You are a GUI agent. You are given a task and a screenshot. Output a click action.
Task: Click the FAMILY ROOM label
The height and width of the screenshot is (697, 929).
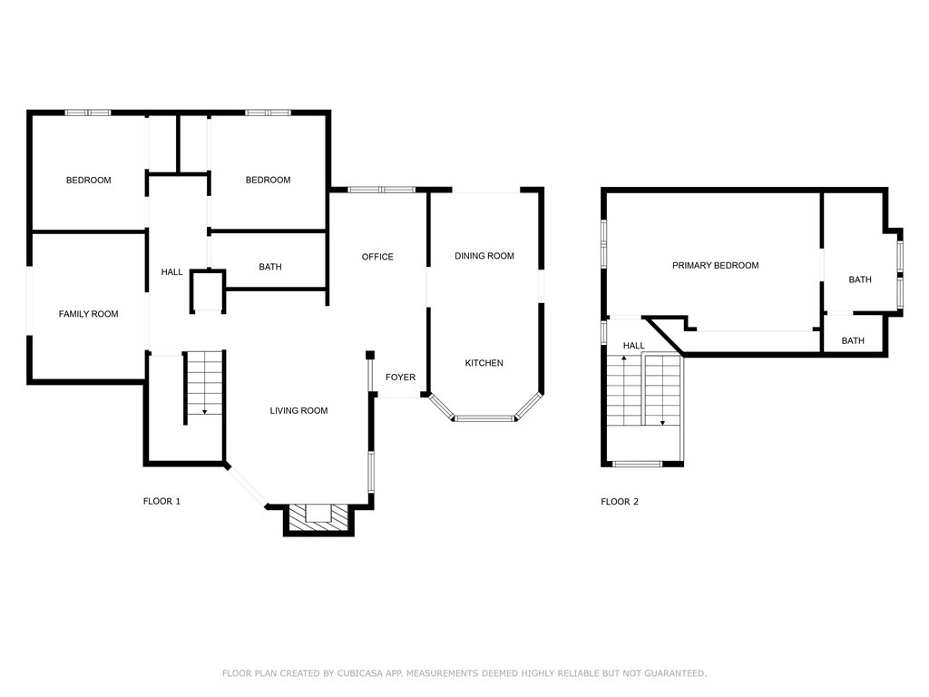point(88,314)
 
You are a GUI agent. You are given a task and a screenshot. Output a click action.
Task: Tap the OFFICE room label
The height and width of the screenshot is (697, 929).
point(377,257)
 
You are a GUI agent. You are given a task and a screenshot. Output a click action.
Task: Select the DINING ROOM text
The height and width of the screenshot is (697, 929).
point(484,256)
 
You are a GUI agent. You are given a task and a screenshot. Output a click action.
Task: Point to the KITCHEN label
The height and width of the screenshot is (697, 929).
point(484,363)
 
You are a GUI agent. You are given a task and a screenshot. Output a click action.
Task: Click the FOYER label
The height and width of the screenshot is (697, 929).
point(400,378)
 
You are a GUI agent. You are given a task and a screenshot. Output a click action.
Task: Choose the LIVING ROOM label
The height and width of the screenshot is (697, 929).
point(298,411)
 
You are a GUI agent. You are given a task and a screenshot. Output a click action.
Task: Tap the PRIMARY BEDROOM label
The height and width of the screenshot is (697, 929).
point(715,266)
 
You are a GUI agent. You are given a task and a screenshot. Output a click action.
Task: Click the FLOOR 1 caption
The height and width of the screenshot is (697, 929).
point(161,502)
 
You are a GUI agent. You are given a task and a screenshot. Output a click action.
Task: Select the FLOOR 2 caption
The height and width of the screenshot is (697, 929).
point(620,502)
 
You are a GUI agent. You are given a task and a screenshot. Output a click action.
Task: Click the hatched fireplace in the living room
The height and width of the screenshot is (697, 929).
point(318,517)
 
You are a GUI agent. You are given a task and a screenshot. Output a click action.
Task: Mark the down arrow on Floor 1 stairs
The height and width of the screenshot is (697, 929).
point(204,410)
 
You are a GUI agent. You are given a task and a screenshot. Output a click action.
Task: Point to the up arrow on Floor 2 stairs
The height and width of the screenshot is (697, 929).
point(623,360)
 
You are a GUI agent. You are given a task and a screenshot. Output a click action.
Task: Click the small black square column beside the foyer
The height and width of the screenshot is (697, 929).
point(370,355)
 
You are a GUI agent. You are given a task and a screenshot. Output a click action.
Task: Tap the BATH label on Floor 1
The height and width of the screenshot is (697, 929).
point(269,267)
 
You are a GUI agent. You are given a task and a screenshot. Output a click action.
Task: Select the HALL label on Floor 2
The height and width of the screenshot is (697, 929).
point(633,346)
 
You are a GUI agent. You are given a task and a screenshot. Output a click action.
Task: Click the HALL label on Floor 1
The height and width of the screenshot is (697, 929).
point(171,272)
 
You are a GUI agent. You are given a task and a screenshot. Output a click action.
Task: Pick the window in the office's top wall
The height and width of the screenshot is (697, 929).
point(381,190)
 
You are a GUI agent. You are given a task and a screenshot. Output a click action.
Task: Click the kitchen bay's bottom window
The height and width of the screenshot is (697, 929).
point(484,418)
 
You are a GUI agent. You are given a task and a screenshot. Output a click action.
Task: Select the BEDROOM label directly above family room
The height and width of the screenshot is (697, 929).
point(88,180)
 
